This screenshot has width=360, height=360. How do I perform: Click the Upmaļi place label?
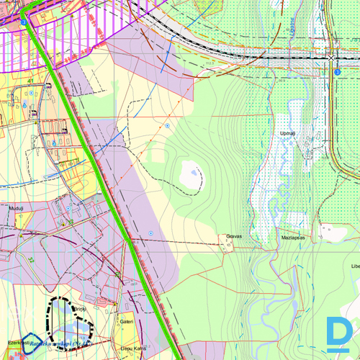click(288, 133)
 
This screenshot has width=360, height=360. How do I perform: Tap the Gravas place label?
click(233, 235)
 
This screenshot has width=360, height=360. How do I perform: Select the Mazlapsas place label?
click(294, 236)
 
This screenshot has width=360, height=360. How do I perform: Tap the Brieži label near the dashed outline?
click(79, 309)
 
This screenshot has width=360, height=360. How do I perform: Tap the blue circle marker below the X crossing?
click(337, 72)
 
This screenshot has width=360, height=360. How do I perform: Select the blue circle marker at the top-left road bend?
click(24, 23)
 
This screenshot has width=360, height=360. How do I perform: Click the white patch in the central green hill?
click(191, 173)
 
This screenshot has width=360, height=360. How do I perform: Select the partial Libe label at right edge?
click(354, 266)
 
